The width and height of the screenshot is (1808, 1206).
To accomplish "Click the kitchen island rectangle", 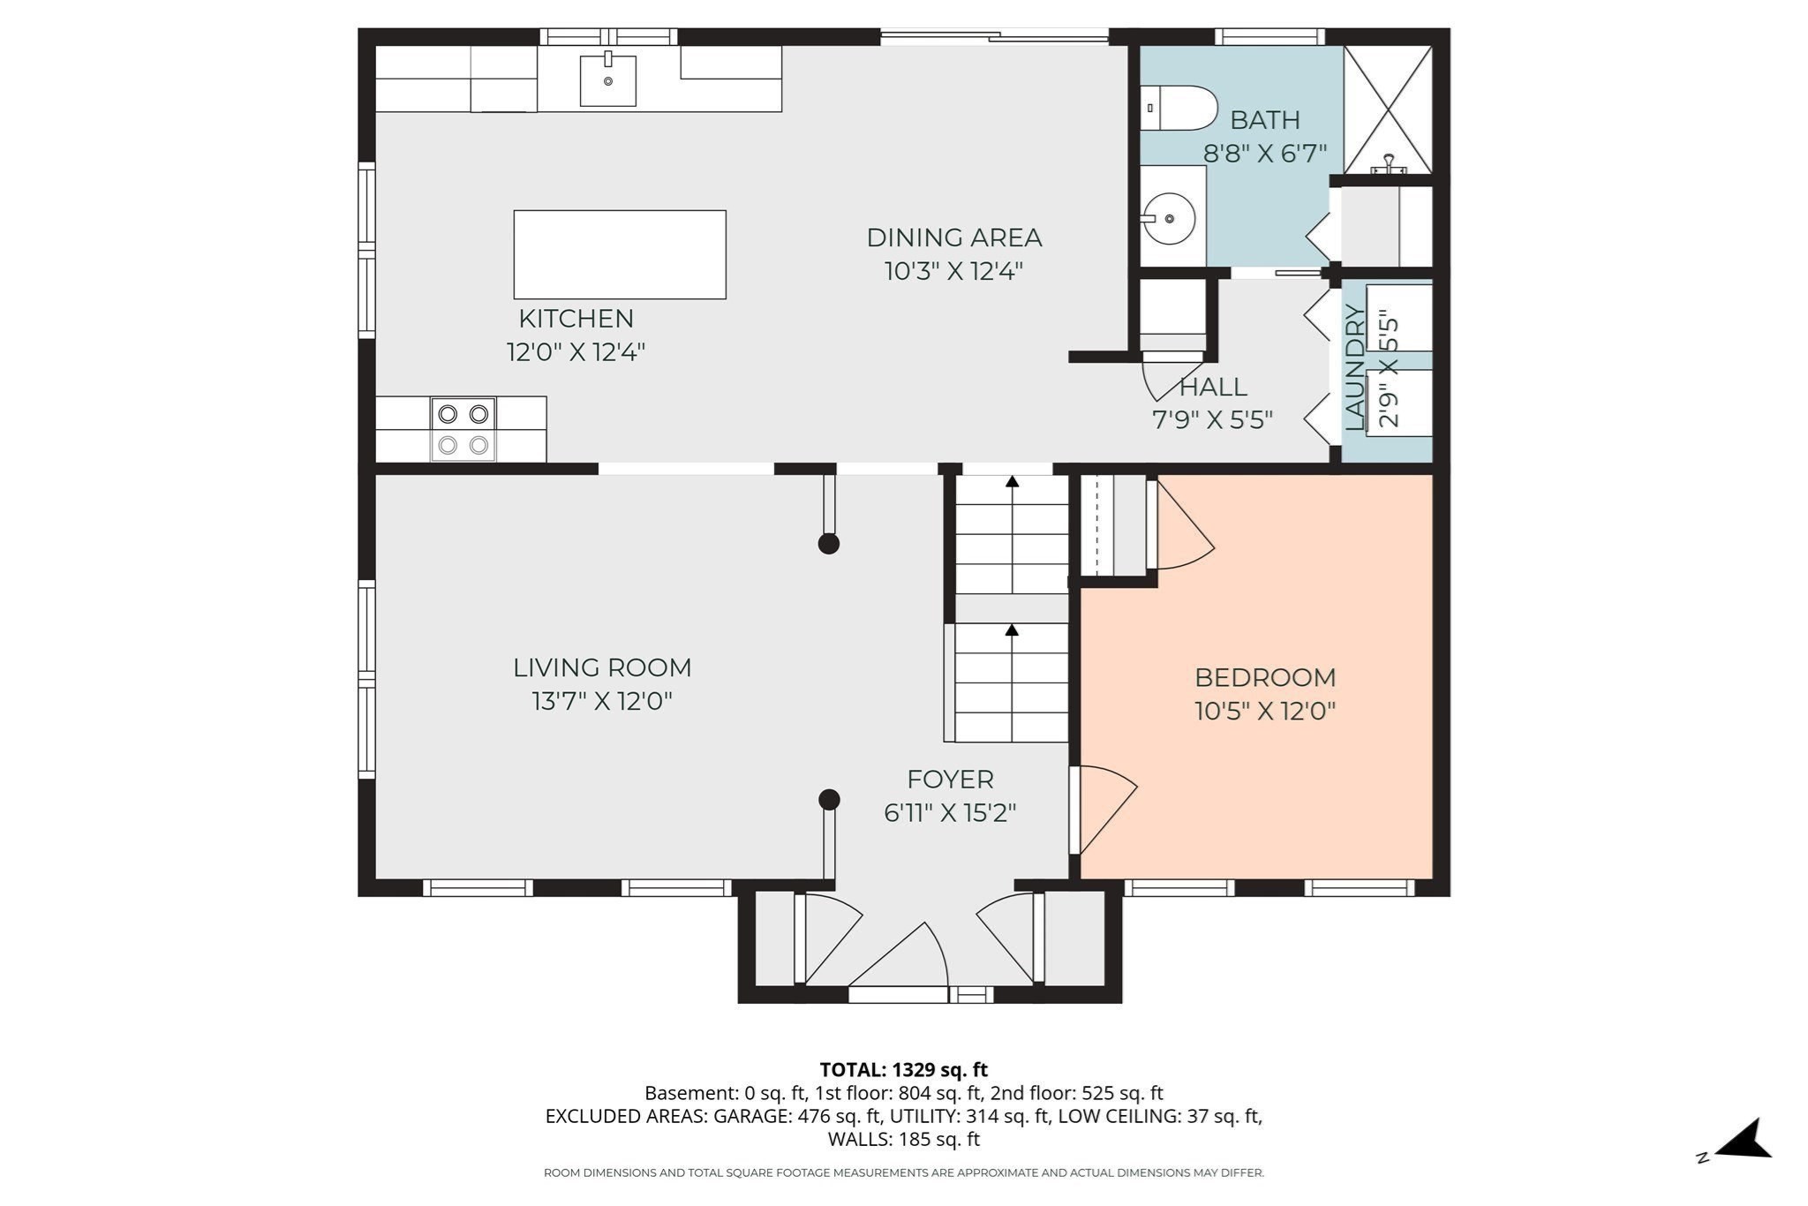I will coord(620,254).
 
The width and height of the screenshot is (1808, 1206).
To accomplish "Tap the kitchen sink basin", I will coord(607,81).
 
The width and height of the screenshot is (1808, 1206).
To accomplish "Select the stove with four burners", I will coord(463,429).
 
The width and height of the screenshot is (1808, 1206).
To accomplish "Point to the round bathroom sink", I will coord(1170,218).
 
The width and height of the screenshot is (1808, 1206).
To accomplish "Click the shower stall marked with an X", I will coord(1387,109).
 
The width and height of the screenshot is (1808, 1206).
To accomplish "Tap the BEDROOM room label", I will coord(1264,678).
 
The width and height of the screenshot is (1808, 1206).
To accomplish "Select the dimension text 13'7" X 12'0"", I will coord(602,702).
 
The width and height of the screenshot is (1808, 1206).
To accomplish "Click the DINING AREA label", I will coord(953,237).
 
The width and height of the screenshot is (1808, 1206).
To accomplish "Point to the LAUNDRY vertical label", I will coord(1354,367).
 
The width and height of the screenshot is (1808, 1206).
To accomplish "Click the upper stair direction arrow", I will coord(1013,482).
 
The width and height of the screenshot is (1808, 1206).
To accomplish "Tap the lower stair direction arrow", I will coord(1013,630).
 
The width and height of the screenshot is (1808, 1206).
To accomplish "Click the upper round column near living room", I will coord(828,544).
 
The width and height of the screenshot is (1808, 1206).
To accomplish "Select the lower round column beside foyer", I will coord(828,800).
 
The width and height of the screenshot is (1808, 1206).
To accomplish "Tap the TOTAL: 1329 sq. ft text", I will coord(903,1070).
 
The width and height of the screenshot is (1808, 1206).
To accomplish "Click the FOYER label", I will coord(950,780).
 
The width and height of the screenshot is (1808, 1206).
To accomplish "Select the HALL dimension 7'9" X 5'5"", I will coord(1212,420).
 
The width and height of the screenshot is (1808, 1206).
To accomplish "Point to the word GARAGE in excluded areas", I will coord(751,1116).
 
